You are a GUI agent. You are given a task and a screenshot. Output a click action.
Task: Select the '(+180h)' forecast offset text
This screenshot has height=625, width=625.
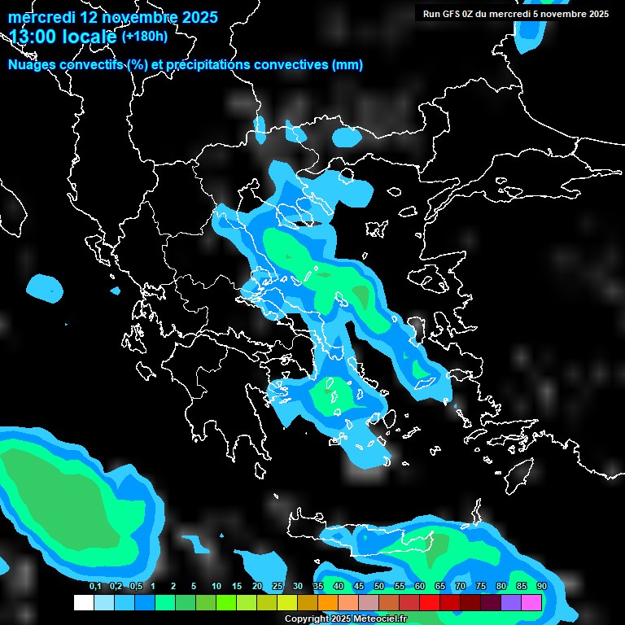coord(144,36)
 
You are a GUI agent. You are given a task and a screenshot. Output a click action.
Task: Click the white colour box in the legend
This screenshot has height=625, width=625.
coord(84,603)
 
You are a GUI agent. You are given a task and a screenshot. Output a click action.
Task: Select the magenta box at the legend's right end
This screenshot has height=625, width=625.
coord(531,603)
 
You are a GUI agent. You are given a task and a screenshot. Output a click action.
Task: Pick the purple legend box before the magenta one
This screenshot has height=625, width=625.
coord(511,603)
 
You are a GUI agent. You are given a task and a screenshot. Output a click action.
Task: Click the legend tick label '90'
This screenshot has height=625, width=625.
coord(541,586)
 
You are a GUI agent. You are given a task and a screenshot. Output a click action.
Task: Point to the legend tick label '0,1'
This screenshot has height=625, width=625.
coord(94,586)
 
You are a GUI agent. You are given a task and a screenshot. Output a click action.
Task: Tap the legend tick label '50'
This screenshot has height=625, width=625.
coord(378,586)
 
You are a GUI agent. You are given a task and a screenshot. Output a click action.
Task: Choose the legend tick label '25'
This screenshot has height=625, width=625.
coord(277,586)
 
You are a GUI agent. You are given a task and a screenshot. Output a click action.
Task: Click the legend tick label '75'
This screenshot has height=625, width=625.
coord(480,586)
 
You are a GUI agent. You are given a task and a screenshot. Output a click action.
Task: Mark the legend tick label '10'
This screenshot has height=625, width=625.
coord(216,586)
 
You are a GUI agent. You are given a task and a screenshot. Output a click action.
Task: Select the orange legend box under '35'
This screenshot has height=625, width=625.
coord(328,603)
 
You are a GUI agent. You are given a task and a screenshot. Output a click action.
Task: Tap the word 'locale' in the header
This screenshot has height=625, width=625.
coord(91,37)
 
